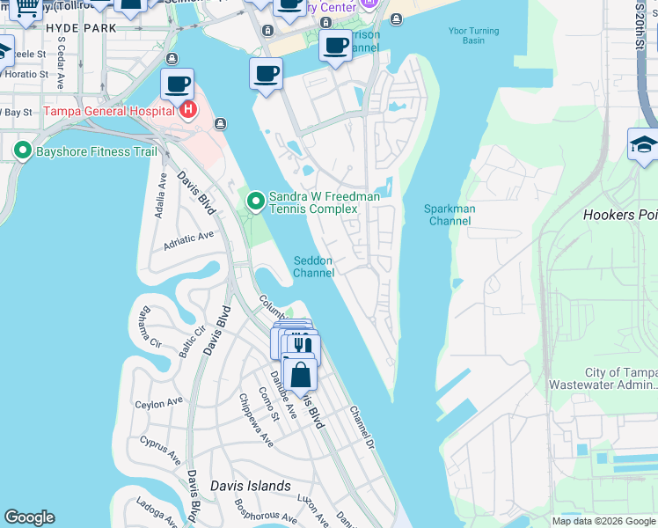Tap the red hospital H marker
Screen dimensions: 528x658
(x=186, y=110)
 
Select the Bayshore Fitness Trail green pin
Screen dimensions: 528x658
(x=22, y=150)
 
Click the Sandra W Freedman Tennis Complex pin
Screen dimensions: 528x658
(x=256, y=202)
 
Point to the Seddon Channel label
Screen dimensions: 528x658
(x=314, y=266)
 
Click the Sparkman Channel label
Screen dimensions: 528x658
(x=450, y=215)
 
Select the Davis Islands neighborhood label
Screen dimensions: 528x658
(x=251, y=486)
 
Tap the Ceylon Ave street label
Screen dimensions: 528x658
(x=159, y=403)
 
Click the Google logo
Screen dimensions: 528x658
(x=30, y=517)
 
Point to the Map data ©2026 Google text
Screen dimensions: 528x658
(x=603, y=521)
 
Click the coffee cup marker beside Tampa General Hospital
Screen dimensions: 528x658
(x=178, y=84)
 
